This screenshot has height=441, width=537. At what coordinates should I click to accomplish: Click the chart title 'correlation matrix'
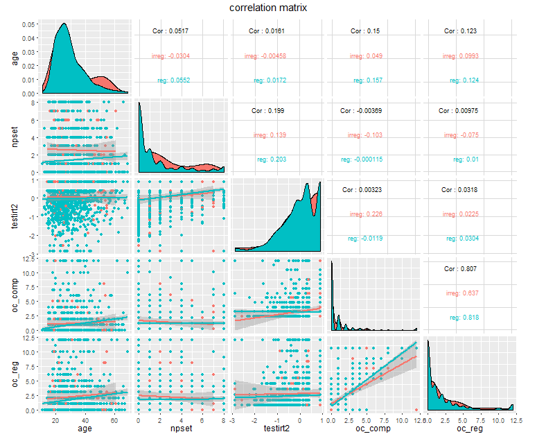click(x=268, y=8)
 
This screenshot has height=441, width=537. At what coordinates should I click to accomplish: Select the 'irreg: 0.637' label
click(x=462, y=293)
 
